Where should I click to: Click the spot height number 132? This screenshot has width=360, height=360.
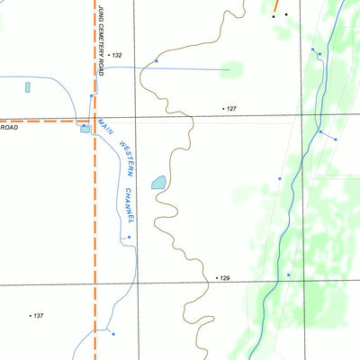(117, 56)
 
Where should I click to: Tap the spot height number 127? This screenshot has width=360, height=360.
(231, 108)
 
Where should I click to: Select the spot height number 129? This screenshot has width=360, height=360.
(225, 278)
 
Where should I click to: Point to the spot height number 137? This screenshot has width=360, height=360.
(38, 315)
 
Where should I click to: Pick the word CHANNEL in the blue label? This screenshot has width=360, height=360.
(131, 206)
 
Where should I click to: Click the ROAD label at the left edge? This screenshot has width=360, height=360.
(9, 128)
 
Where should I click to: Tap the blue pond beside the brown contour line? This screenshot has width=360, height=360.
(159, 183)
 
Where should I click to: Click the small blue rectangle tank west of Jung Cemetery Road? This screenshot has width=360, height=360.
(28, 87)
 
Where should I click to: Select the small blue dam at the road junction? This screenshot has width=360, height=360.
(85, 129)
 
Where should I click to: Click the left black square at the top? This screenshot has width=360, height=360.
(274, 15)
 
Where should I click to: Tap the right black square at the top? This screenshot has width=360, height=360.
(286, 14)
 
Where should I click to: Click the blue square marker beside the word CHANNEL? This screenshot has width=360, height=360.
(129, 237)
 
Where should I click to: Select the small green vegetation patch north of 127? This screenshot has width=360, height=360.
(232, 69)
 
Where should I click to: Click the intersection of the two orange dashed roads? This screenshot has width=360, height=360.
(94, 120)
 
